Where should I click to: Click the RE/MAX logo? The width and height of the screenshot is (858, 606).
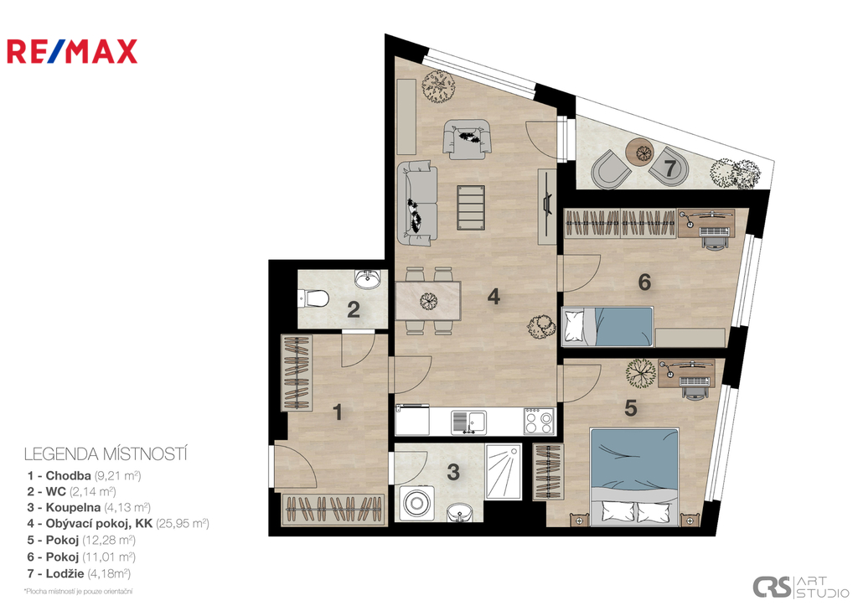coord(72,51)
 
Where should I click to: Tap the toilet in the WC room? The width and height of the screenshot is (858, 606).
coord(313,299)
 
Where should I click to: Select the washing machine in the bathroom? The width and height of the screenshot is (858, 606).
coord(416,502)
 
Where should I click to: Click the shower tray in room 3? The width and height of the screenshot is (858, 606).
coord(504,472)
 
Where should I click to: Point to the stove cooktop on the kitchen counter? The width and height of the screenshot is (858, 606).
coord(539,422)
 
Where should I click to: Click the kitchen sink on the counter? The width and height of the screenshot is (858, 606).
coord(469,422)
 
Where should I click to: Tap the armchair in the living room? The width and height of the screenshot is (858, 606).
coord(466,139)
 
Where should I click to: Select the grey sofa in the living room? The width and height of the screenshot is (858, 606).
coord(417,203)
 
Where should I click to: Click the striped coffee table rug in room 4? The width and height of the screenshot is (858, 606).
coord(471,208)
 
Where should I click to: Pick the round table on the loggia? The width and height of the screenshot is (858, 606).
coord(639,152)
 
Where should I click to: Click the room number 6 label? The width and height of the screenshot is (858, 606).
coord(644,282)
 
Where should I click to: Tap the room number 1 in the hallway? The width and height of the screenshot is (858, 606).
coord(338,412)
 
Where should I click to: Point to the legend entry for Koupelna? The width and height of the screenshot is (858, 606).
coord(89,507)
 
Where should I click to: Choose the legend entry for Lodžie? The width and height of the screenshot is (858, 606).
coord(80,573)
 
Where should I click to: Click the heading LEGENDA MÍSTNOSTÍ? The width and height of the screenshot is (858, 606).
coord(106,454)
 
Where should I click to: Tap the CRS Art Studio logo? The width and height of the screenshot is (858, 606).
coord(800,587)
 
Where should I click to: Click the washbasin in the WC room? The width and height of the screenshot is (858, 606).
coord(367,279)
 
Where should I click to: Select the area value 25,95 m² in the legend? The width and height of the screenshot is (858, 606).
coord(182,523)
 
